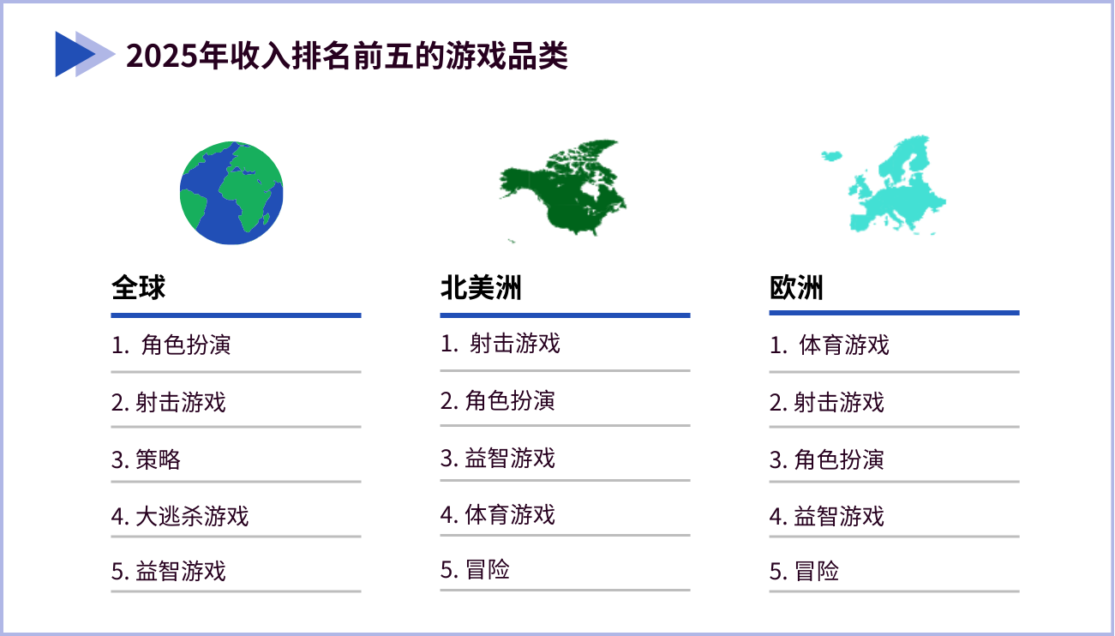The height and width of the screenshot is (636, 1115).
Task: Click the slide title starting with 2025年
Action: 347,55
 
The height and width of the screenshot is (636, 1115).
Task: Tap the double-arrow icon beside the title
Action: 85,54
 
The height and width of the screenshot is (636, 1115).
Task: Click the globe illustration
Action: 231,193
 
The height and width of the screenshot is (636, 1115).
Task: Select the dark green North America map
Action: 563,189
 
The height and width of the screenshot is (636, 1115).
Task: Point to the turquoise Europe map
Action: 884,183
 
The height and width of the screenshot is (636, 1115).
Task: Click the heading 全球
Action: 138,288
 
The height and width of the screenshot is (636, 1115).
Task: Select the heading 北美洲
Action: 481,288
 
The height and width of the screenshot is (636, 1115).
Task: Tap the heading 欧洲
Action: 796,288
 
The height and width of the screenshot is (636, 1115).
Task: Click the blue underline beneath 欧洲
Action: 895,313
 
